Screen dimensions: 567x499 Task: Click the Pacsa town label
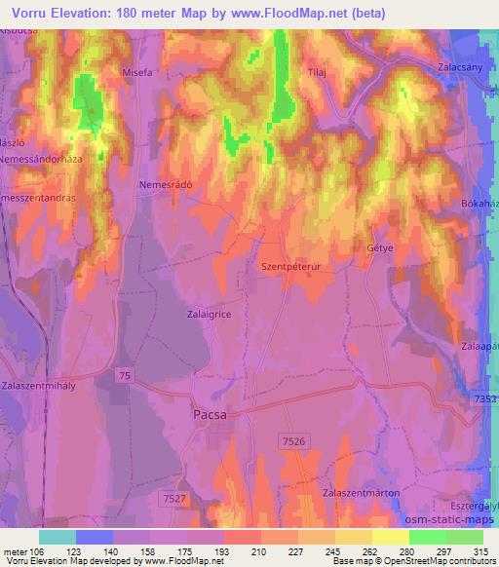(206, 414)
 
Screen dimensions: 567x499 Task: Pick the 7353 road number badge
(485, 401)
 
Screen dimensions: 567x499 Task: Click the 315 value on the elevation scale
(479, 553)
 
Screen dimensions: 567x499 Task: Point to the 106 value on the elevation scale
(36, 553)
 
